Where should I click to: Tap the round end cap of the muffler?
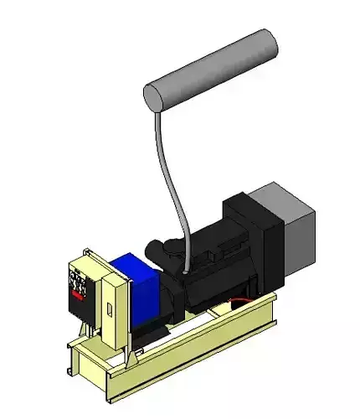pyautogui.click(x=155, y=96)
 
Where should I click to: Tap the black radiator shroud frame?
pyautogui.click(x=255, y=243)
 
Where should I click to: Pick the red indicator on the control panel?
pyautogui.click(x=78, y=294)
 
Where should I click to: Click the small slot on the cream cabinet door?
pyautogui.click(x=109, y=313)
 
